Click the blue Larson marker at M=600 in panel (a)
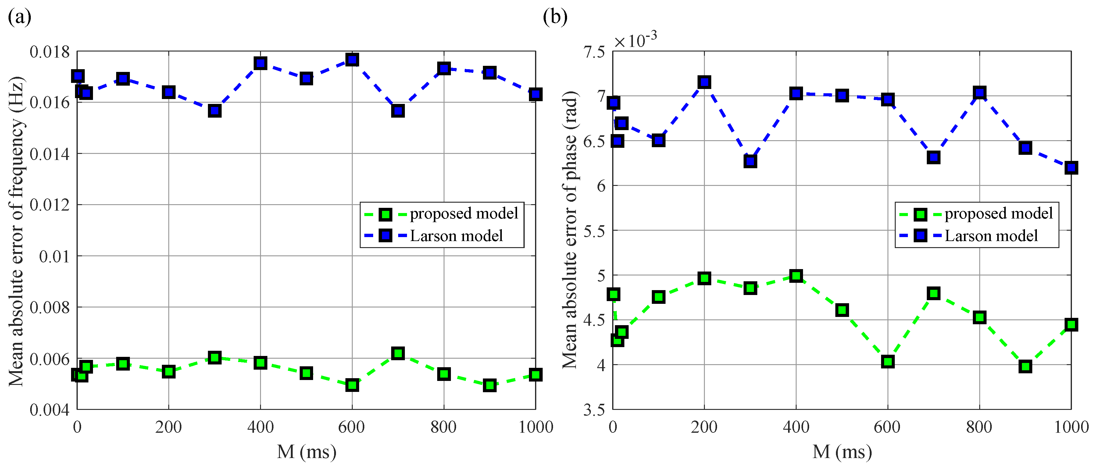(x=352, y=59)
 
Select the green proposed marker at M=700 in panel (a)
(x=398, y=353)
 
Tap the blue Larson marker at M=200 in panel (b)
(x=704, y=82)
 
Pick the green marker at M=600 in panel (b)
(x=887, y=362)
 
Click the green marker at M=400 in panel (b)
(x=796, y=276)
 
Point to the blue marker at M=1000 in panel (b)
(x=1071, y=168)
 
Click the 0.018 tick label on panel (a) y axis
(x=50, y=52)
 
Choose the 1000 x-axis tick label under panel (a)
(x=536, y=427)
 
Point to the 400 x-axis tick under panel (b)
(x=796, y=427)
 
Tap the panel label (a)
(x=20, y=17)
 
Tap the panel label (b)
(x=555, y=17)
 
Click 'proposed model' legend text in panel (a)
(x=464, y=213)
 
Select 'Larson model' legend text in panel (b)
(x=991, y=236)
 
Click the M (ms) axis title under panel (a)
(x=306, y=452)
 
